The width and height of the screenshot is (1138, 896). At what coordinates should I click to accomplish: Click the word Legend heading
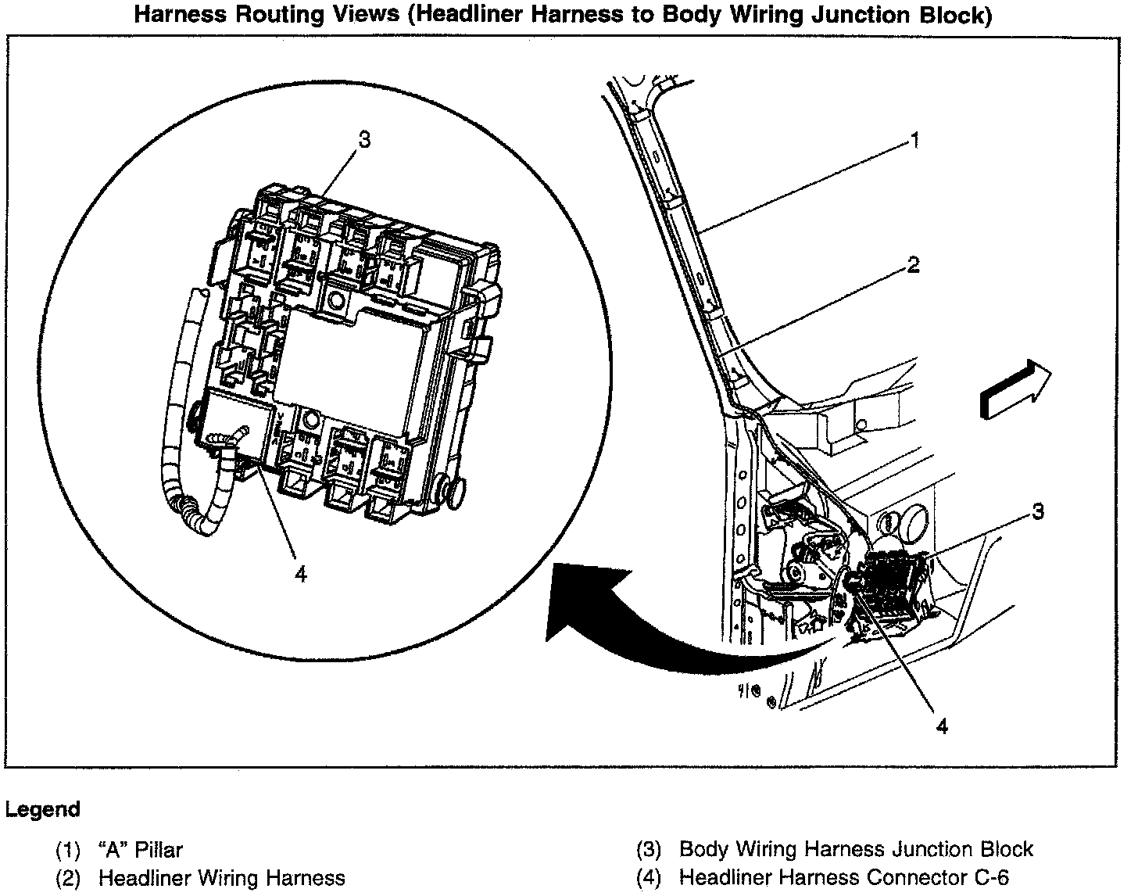tap(42, 809)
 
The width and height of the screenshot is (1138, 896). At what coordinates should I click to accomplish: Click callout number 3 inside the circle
tap(363, 140)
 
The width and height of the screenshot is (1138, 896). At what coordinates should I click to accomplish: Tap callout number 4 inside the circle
tap(301, 574)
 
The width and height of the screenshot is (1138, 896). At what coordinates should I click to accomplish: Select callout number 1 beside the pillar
tap(914, 141)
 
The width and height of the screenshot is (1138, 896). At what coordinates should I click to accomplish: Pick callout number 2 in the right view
tap(913, 266)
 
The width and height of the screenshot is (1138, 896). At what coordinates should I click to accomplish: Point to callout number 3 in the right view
tap(1037, 512)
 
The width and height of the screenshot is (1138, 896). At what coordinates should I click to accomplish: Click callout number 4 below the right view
tap(942, 726)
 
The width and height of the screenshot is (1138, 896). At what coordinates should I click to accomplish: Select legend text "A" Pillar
tap(141, 850)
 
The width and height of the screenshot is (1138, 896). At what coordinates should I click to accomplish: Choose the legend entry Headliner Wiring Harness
tap(221, 878)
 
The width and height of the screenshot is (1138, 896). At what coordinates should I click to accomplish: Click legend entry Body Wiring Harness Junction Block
tap(856, 850)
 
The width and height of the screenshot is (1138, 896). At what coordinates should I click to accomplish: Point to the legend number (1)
tap(68, 850)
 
